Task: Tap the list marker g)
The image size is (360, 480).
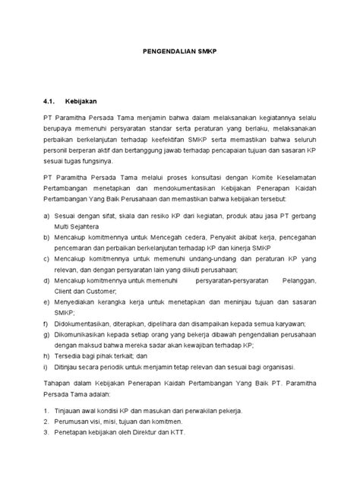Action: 47,333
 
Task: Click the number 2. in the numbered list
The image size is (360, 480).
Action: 47,420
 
